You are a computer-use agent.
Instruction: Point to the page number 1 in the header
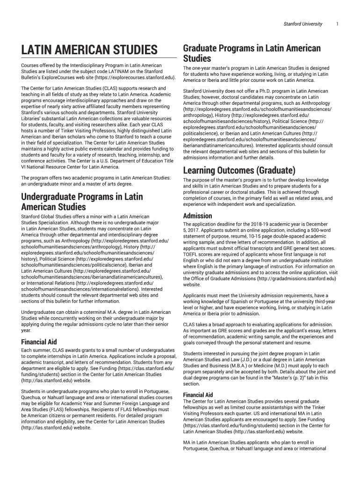coord(337,24)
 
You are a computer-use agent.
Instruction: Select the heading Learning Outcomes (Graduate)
coord(239,170)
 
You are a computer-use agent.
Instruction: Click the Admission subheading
coord(197,216)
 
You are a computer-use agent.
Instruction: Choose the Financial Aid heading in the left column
coord(39,342)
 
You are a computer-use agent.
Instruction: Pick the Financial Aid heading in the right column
coord(198,395)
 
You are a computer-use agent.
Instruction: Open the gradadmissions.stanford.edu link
coord(295,279)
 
